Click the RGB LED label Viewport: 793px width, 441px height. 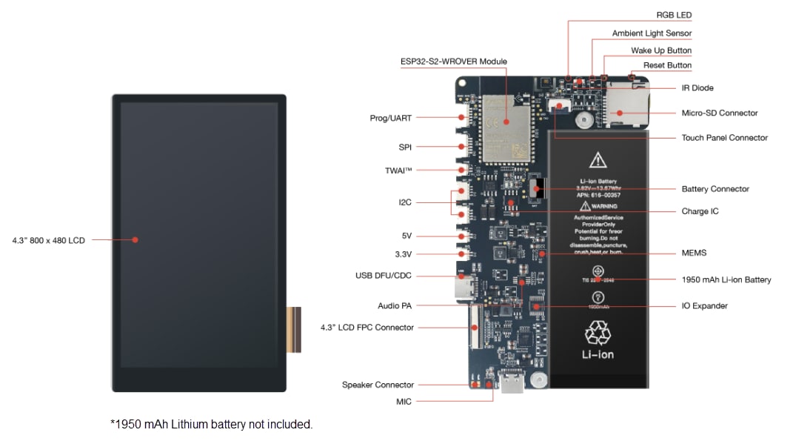pyautogui.click(x=674, y=15)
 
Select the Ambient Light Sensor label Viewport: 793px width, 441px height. pyautogui.click(x=652, y=33)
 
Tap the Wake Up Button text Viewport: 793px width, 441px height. pyautogui.click(x=661, y=50)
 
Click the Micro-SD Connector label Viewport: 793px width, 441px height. pyautogui.click(x=719, y=113)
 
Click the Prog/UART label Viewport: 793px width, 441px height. pyautogui.click(x=390, y=118)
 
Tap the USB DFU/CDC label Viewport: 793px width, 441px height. pyautogui.click(x=383, y=276)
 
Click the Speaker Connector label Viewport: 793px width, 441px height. pyautogui.click(x=378, y=385)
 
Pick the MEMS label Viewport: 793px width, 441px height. pyautogui.click(x=694, y=253)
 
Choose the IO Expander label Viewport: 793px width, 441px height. pyautogui.click(x=704, y=305)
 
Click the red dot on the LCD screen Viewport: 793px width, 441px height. pyautogui.click(x=135, y=239)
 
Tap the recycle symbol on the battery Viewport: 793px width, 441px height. pyautogui.click(x=598, y=333)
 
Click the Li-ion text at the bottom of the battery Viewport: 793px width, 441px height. pyautogui.click(x=598, y=354)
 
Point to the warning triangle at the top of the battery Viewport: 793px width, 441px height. pyautogui.click(x=598, y=159)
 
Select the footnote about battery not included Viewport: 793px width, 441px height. pyautogui.click(x=211, y=424)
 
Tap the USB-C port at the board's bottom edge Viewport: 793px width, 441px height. pyautogui.click(x=512, y=385)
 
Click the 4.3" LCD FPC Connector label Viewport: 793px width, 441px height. pyautogui.click(x=367, y=327)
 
